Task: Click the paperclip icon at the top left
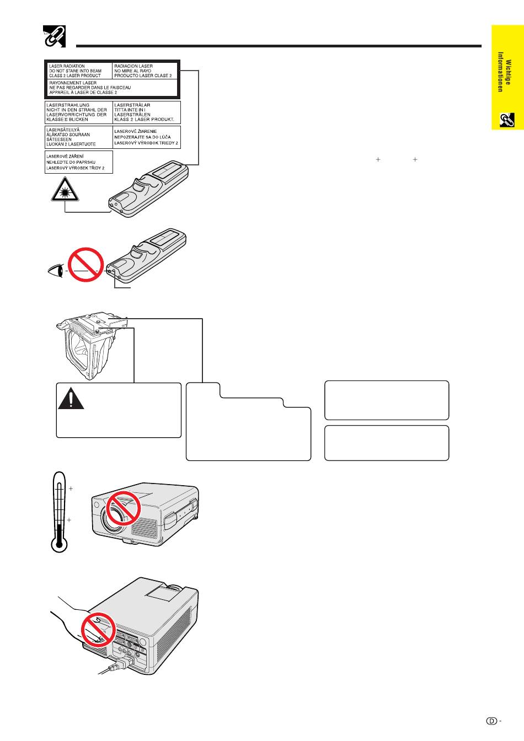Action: coord(54,36)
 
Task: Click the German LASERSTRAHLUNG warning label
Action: coord(77,112)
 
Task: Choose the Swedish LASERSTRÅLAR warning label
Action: coord(146,112)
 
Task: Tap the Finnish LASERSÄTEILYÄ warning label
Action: coord(77,137)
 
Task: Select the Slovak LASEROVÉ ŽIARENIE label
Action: coord(146,137)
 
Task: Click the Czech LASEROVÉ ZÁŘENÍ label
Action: coord(78,162)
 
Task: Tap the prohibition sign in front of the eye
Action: coord(86,265)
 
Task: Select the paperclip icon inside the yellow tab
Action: coord(507,120)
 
